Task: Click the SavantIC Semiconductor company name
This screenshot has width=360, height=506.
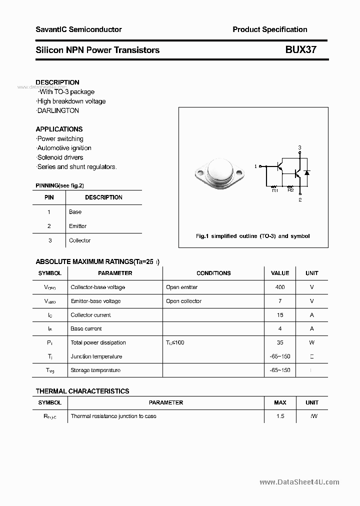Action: (78, 29)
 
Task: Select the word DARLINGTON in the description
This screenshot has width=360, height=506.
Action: (58, 110)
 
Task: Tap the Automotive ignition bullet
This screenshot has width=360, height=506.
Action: (64, 148)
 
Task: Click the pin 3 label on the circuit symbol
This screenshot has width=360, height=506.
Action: (299, 147)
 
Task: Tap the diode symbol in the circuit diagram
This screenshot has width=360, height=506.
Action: (307, 172)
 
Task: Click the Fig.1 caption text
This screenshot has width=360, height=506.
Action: (252, 236)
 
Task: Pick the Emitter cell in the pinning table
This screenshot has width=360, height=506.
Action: (78, 226)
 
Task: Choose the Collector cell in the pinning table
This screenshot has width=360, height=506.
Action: (80, 240)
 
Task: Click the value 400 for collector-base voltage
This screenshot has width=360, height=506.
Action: (280, 287)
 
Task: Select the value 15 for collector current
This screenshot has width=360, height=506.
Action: (280, 315)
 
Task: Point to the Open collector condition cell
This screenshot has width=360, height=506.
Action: (183, 301)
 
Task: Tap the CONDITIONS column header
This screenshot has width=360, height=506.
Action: (213, 273)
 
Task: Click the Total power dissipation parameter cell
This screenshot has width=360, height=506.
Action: (98, 342)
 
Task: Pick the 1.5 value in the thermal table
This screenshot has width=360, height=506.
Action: (280, 416)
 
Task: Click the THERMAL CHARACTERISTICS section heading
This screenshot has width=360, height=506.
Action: (82, 391)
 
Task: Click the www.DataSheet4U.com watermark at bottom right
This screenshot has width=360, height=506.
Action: (300, 482)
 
